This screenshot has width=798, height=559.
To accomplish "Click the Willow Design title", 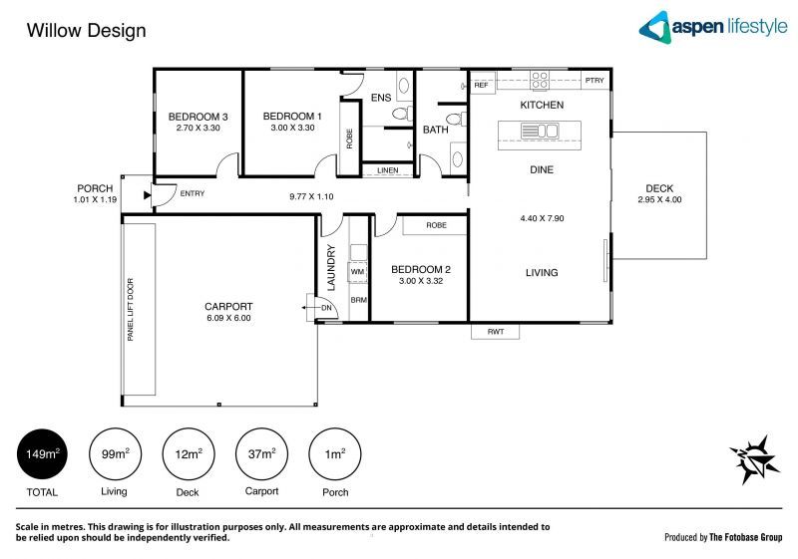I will (86, 31).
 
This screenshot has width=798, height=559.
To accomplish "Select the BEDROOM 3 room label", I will (198, 117).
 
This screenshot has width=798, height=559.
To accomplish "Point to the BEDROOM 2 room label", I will (420, 269).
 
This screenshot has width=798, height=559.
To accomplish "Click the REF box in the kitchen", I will (482, 86).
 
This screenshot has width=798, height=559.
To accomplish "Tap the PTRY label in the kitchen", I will (595, 81).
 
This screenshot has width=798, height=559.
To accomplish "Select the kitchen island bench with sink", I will (539, 130).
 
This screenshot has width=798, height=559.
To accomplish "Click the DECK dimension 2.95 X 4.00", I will (659, 200).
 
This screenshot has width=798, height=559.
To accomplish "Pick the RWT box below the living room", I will (495, 331).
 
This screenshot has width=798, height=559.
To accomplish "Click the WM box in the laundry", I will (357, 271).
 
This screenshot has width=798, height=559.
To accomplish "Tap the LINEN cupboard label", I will (388, 170).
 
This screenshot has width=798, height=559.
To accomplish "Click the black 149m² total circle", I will (42, 454).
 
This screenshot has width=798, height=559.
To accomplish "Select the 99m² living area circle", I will (114, 454).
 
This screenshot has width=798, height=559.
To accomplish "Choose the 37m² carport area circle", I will (260, 454).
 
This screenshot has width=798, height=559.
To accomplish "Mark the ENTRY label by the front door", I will (192, 193).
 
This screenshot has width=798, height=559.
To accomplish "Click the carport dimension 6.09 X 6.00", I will (228, 319).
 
